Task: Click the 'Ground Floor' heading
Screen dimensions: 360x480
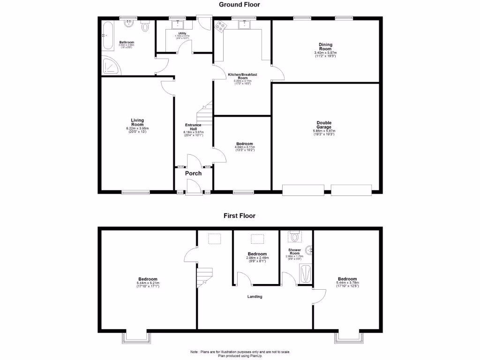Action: [239, 5]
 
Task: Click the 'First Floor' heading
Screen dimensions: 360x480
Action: [239, 216]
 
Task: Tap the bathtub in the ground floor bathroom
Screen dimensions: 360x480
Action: [107, 37]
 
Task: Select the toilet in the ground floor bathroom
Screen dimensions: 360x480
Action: [145, 26]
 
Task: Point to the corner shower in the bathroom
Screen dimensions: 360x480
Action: [111, 67]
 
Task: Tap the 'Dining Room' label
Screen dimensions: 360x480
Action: [325, 47]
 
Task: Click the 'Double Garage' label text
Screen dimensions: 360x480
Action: [324, 125]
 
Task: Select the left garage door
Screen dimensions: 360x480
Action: [303, 190]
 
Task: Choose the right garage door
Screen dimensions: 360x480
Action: [352, 190]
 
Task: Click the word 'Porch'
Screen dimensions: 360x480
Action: [193, 173]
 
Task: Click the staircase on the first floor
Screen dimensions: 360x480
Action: [205, 276]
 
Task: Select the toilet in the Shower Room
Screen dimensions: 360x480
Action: [294, 236]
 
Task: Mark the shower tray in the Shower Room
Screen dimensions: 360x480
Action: [305, 275]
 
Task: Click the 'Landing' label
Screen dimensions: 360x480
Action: [255, 297]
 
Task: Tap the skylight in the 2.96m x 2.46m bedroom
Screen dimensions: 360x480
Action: [257, 239]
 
